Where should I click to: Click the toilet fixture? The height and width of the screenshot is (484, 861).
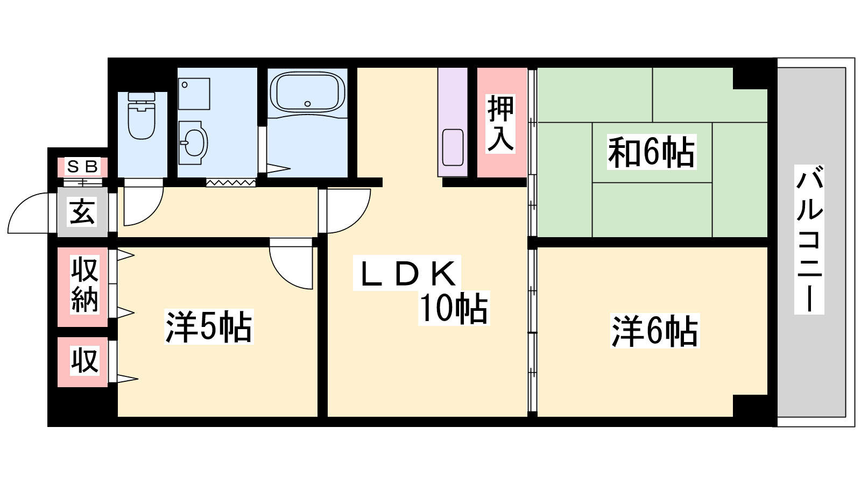[142, 117]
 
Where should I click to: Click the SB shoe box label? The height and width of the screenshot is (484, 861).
[82, 167]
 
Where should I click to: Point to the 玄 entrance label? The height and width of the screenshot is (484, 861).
[82, 211]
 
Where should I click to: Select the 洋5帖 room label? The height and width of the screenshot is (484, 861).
[208, 326]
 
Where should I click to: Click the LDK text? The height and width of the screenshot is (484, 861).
[407, 273]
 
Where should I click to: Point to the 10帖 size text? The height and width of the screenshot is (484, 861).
[454, 309]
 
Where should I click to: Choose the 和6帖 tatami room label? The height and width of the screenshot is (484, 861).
[652, 152]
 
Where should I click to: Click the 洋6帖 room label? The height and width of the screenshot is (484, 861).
[655, 331]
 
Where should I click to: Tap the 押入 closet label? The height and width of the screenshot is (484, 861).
[500, 123]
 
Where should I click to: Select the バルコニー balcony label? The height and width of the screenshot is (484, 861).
[809, 240]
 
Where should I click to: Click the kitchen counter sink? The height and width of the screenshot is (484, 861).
[452, 147]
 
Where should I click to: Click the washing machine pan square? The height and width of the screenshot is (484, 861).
[194, 94]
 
